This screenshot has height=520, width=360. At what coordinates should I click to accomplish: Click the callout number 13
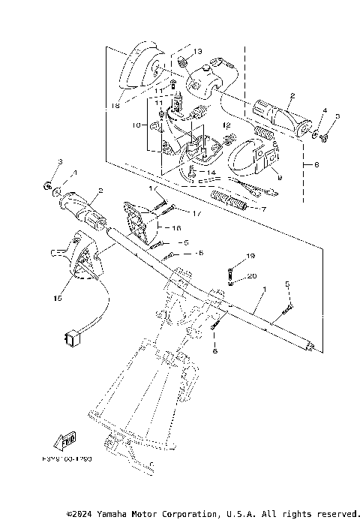[198, 51]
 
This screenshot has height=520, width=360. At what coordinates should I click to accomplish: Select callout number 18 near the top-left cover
[115, 107]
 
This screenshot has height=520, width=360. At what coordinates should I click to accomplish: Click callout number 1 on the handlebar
[264, 287]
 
